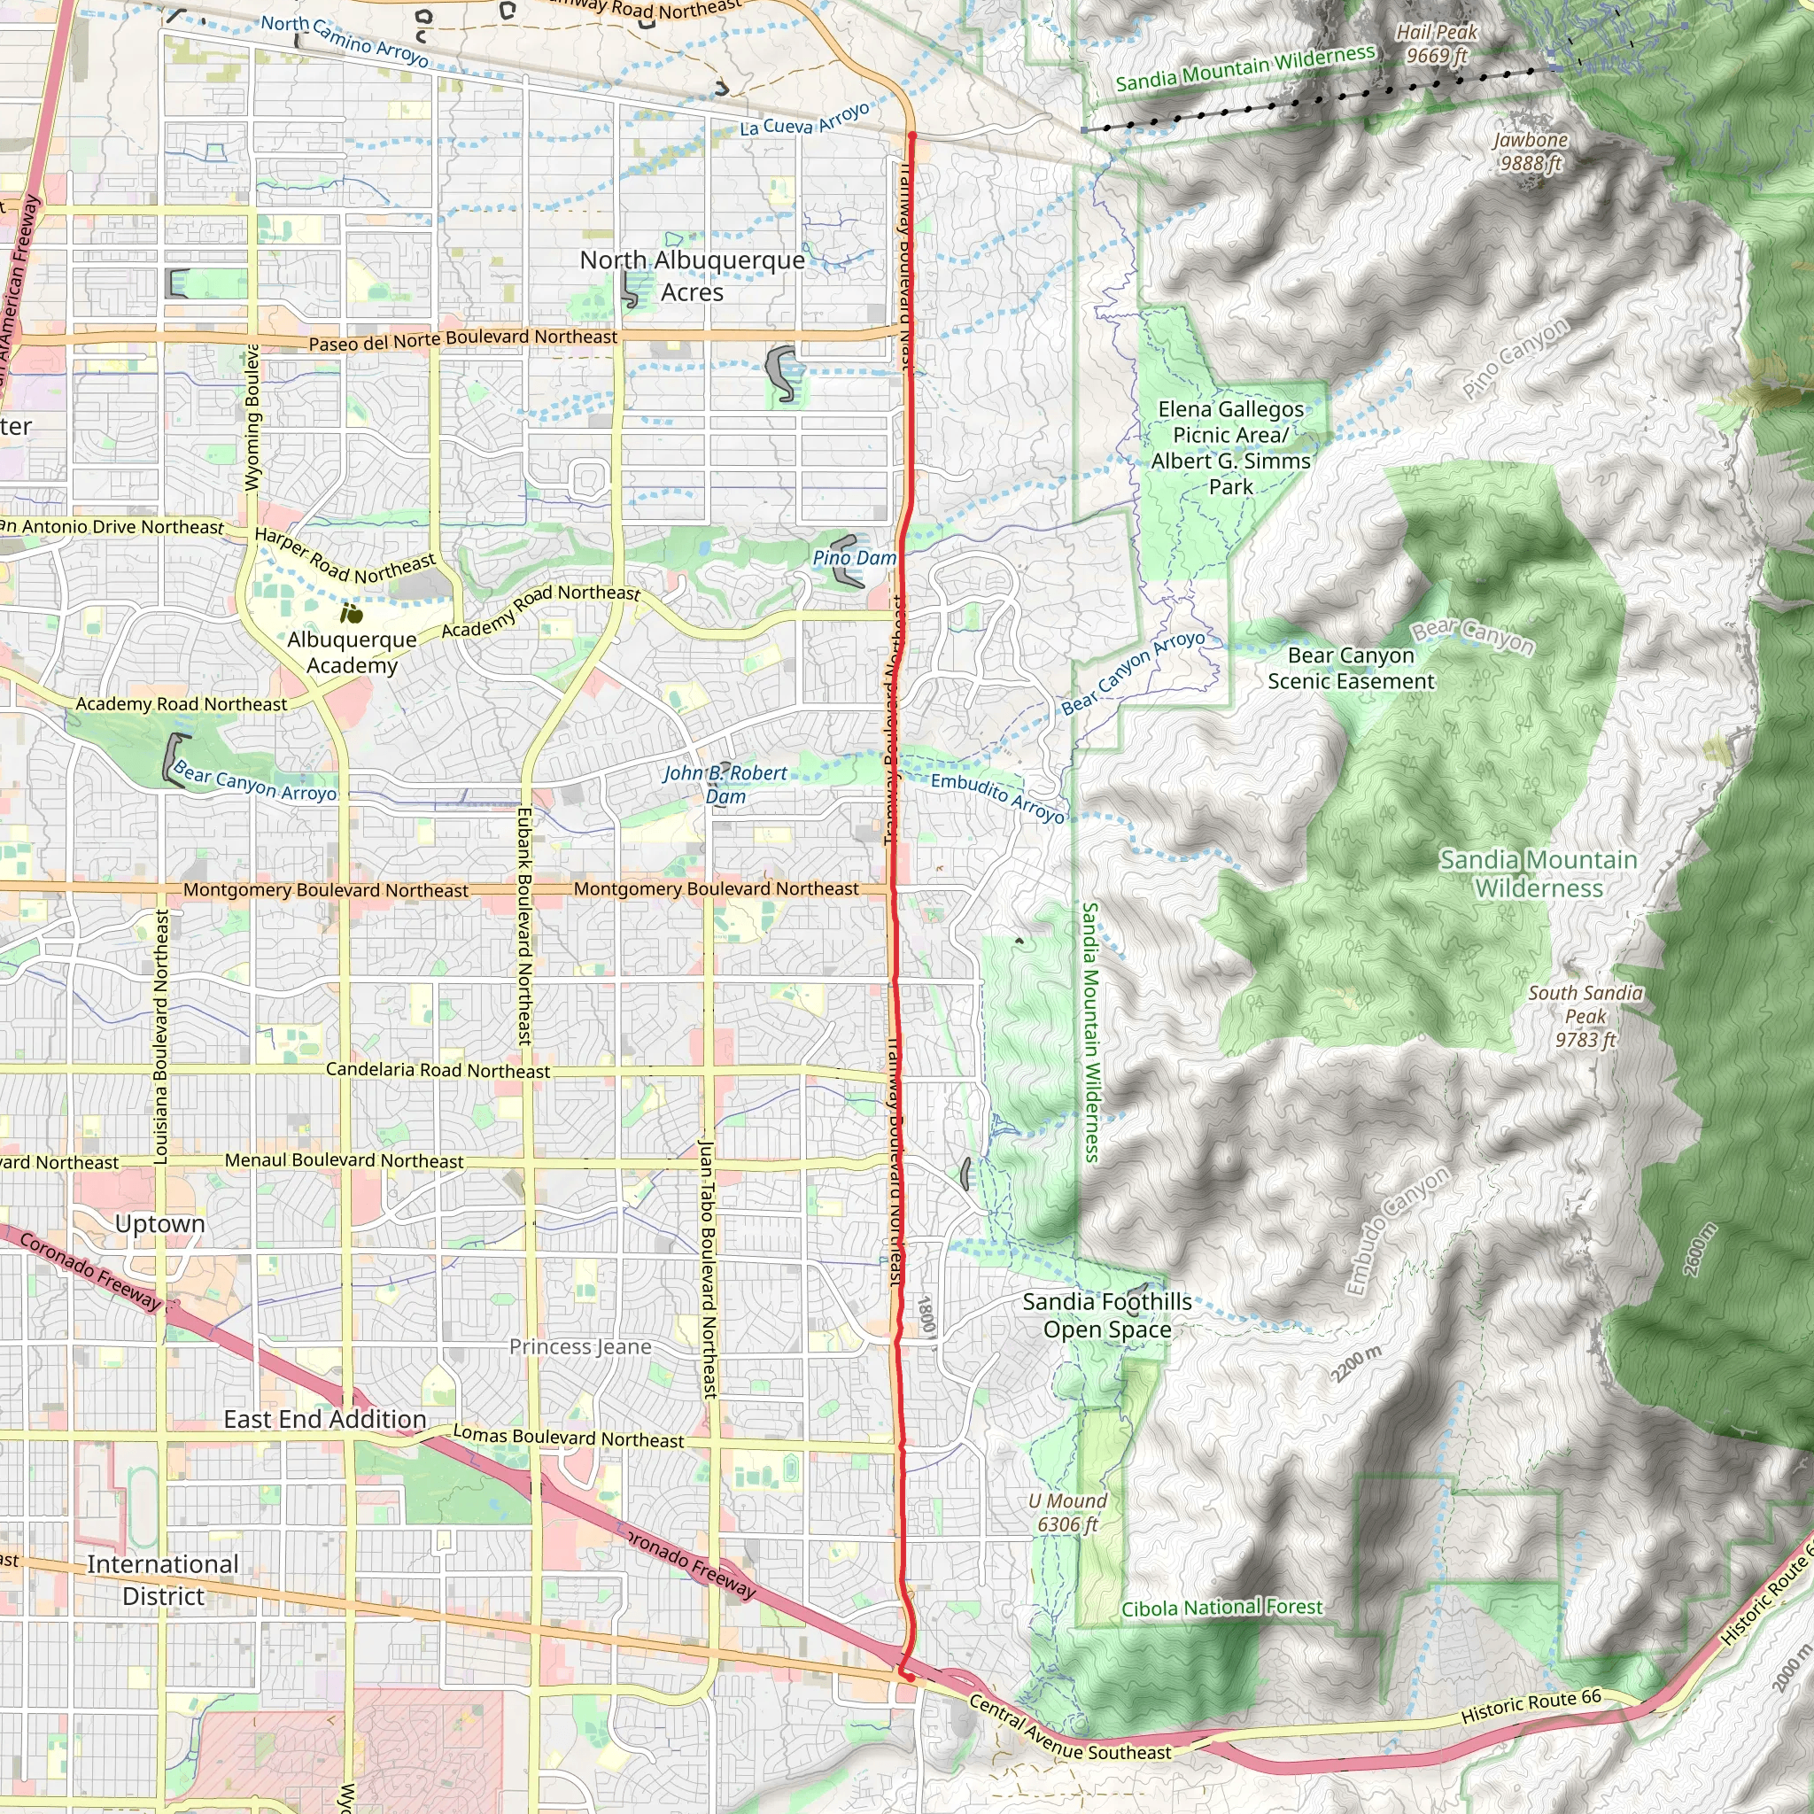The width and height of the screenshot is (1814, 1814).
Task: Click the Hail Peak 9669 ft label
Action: pos(1437,44)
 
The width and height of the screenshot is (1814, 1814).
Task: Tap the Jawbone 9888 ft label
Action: pos(1531,152)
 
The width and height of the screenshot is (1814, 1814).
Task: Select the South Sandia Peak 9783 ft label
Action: pos(1585,1016)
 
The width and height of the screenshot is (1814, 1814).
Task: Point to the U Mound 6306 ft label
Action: pos(1067,1513)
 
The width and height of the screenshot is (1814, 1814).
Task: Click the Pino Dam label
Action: pos(855,558)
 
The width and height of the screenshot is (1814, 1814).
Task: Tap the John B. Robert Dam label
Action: pos(725,784)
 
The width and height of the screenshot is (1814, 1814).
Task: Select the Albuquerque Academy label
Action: pos(353,652)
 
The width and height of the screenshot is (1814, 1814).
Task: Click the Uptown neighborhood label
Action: pos(159,1224)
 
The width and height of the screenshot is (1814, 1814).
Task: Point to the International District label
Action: pos(163,1580)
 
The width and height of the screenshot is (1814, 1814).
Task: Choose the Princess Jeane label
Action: pos(580,1347)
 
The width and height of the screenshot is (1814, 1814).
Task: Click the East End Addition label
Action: pos(325,1420)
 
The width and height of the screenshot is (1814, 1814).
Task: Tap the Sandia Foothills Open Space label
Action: pos(1107,1315)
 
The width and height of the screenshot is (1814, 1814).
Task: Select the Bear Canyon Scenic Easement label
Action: pos(1350,669)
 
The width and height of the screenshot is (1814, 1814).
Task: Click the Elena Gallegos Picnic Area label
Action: pos(1230,448)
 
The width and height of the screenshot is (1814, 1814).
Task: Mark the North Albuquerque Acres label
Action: pos(692,276)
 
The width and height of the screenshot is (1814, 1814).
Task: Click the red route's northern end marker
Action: pos(911,136)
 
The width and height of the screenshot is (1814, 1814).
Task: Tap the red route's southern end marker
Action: pos(909,1677)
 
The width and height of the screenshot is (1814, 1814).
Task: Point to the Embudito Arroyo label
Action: pos(998,798)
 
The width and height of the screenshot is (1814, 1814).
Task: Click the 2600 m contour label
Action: pos(1701,1250)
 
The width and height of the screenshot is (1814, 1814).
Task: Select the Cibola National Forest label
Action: pos(1221,1609)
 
